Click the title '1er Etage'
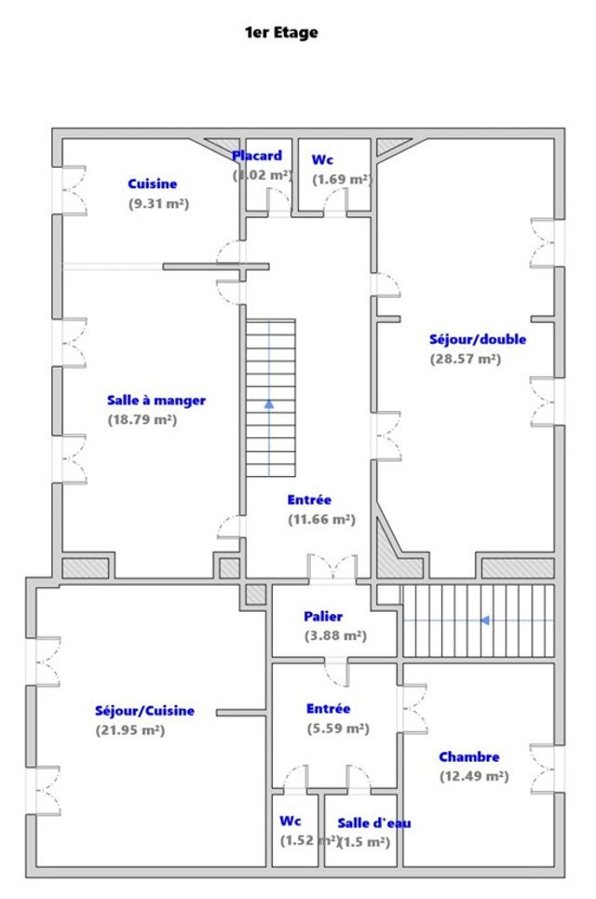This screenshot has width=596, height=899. [280, 33]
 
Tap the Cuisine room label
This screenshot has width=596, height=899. [152, 184]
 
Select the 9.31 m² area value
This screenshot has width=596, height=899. [158, 203]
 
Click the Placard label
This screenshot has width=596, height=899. [257, 156]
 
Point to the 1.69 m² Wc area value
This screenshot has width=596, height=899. [342, 179]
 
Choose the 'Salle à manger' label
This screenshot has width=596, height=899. [156, 401]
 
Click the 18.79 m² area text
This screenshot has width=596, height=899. [142, 419]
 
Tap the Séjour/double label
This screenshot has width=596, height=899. [477, 339]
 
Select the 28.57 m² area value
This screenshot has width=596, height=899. [465, 359]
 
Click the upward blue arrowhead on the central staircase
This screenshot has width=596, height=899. [269, 404]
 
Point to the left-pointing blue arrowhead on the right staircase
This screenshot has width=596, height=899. [485, 620]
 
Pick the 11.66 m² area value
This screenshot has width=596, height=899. [321, 520]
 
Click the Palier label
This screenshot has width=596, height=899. [322, 617]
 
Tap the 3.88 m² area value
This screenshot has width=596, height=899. [335, 636]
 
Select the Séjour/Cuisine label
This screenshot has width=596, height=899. [144, 711]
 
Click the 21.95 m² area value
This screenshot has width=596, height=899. [129, 730]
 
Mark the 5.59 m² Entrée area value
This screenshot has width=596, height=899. [337, 729]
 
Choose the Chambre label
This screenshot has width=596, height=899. [468, 757]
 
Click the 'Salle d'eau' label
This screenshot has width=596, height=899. [373, 823]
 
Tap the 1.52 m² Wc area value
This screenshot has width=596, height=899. [308, 841]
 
